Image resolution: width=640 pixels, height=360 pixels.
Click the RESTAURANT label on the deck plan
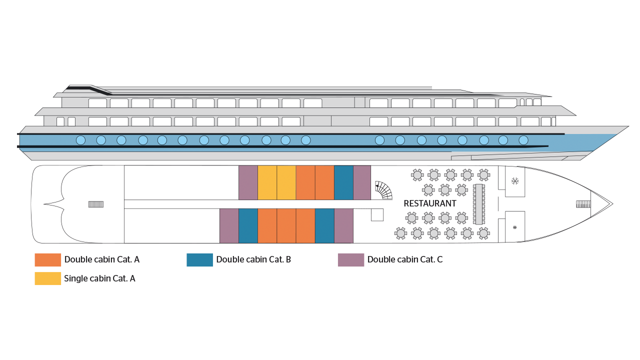point(429,203)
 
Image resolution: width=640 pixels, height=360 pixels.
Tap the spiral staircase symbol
point(384,189)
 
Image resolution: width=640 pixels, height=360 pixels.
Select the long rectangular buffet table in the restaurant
point(479,204)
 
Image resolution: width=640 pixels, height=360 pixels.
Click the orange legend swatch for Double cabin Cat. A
point(47,259)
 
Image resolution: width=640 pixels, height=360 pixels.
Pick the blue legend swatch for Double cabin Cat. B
point(199,259)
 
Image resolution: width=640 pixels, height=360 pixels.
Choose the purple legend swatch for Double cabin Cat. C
point(351,259)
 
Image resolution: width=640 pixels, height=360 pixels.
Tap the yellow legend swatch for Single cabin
point(47,278)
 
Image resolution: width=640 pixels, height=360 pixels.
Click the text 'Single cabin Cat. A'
point(99,278)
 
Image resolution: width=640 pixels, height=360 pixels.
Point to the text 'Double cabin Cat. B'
point(253,259)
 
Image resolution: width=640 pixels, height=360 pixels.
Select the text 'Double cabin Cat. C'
point(405,259)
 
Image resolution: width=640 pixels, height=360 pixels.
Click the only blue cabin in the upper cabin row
point(343,182)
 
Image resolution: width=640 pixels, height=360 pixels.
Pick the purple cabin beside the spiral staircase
point(362,182)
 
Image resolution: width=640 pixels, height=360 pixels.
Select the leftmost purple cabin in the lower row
point(229,225)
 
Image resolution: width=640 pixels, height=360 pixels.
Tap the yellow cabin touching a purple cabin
point(267,182)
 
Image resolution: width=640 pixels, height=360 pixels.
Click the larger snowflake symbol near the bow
point(515,181)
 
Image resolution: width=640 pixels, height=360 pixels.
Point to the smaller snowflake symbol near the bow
point(515,227)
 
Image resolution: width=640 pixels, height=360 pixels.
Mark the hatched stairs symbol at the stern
point(96,204)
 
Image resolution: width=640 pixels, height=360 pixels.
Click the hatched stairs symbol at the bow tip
point(583,204)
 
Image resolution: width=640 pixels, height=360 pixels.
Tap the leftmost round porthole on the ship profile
point(80,140)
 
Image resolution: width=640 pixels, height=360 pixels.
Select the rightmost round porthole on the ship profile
point(523,140)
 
